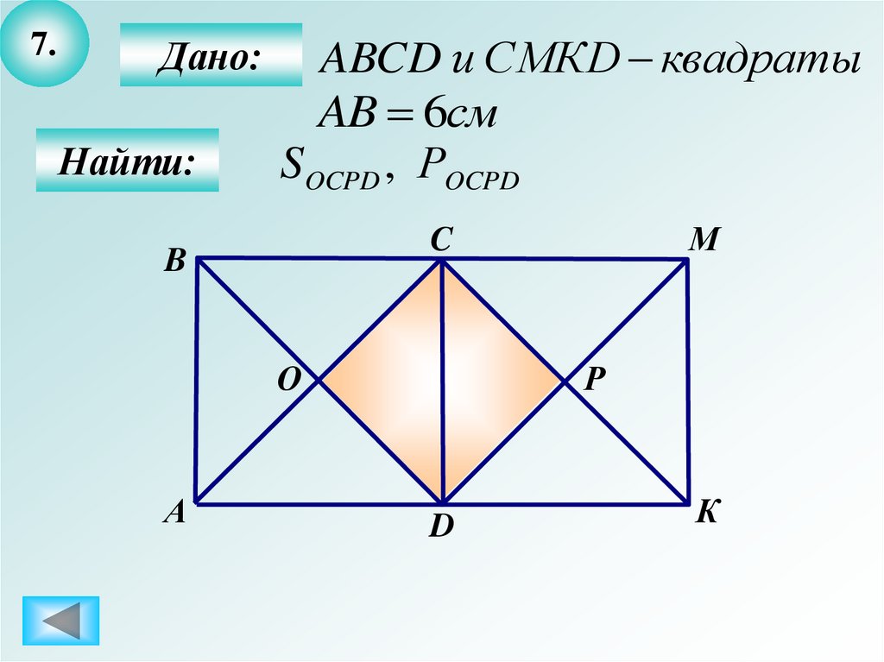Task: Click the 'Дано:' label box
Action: tap(211, 55)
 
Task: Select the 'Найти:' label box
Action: tap(127, 161)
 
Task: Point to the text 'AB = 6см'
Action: tap(410, 113)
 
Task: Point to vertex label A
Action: tap(175, 514)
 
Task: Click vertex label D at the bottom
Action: tap(441, 526)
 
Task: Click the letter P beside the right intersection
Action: tap(592, 379)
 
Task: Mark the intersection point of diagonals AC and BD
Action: tap(320, 381)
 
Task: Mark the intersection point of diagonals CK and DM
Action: tap(565, 381)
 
